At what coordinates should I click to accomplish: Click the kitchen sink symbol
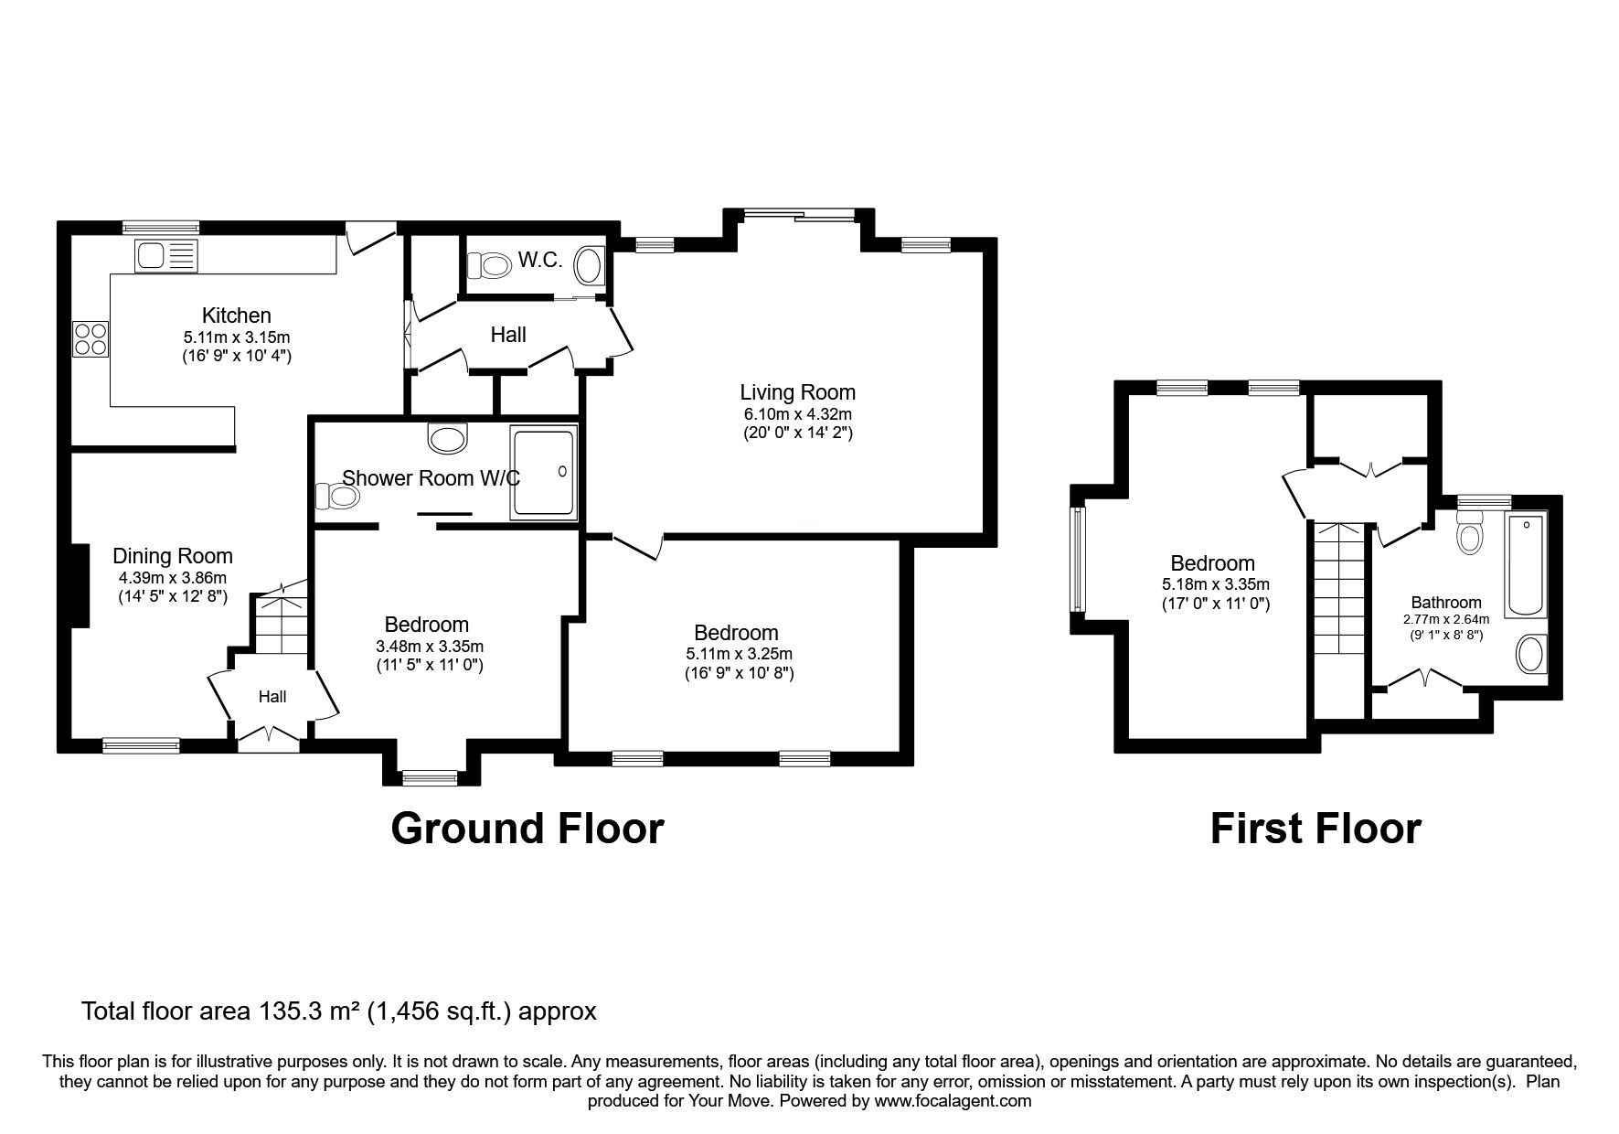[x=165, y=255]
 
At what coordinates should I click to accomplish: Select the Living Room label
[x=797, y=392]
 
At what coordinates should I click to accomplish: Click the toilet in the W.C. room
[x=488, y=266]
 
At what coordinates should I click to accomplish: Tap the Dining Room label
[x=173, y=556]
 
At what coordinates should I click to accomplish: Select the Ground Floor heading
[x=527, y=829]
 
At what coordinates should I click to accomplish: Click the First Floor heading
[x=1315, y=829]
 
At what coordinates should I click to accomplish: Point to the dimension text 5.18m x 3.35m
[x=1215, y=584]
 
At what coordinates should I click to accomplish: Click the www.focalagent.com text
[x=953, y=1101]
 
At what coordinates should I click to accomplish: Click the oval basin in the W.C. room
[x=589, y=266]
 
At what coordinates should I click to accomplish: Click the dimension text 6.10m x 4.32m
[x=797, y=414]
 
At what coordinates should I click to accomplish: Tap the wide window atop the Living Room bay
[x=799, y=216]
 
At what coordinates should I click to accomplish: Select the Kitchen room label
[x=236, y=316]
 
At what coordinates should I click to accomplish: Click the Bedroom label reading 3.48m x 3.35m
[x=426, y=625]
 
